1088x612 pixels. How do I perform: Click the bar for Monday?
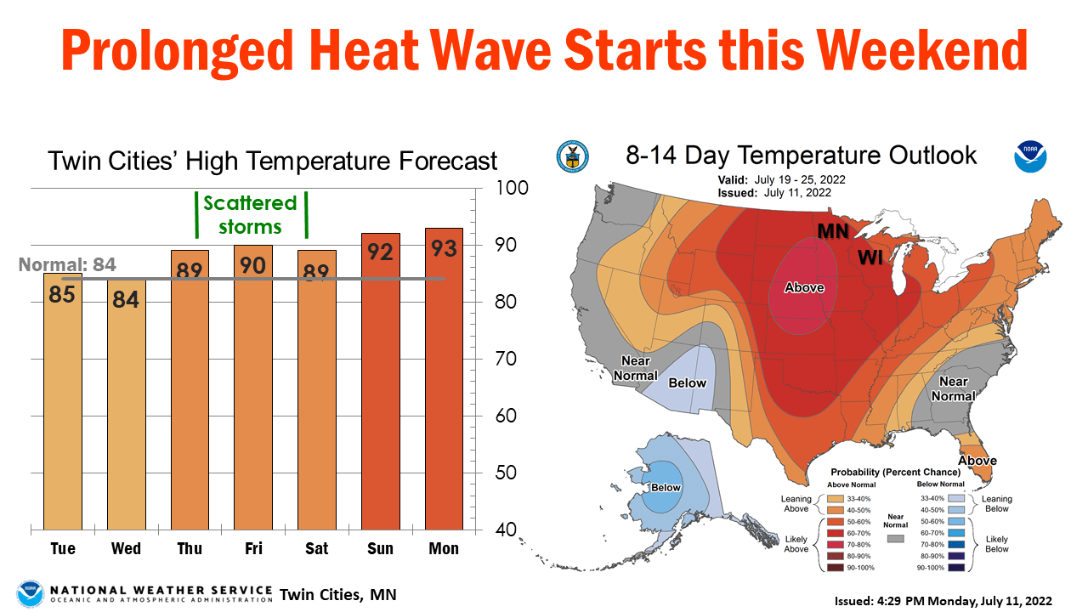tap(444, 382)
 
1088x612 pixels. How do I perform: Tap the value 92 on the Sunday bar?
tap(381, 252)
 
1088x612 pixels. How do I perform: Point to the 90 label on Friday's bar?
tap(253, 265)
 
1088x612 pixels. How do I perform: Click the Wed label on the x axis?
tap(126, 548)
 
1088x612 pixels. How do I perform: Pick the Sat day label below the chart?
tap(317, 548)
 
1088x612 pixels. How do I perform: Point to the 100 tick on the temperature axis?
tap(512, 188)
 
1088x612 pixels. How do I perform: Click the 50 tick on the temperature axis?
tap(507, 473)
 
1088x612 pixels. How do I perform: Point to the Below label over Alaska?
tap(666, 488)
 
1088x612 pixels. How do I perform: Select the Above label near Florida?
tap(977, 461)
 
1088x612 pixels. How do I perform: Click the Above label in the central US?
tap(804, 287)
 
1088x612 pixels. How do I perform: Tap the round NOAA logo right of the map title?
tap(1030, 156)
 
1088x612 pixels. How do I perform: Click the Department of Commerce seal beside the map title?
tap(572, 156)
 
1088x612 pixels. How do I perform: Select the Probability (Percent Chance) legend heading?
tap(895, 472)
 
